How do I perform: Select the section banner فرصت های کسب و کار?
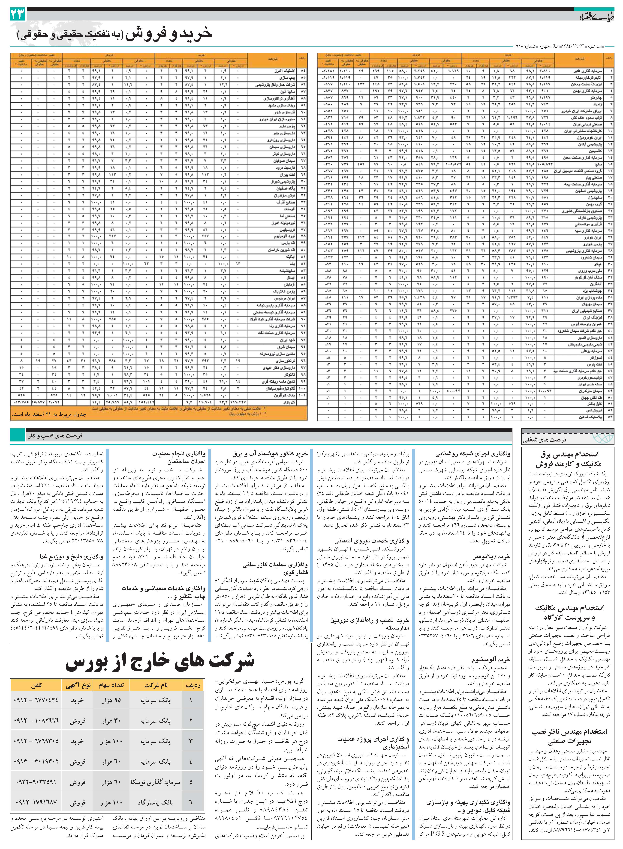tap(55, 436)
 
